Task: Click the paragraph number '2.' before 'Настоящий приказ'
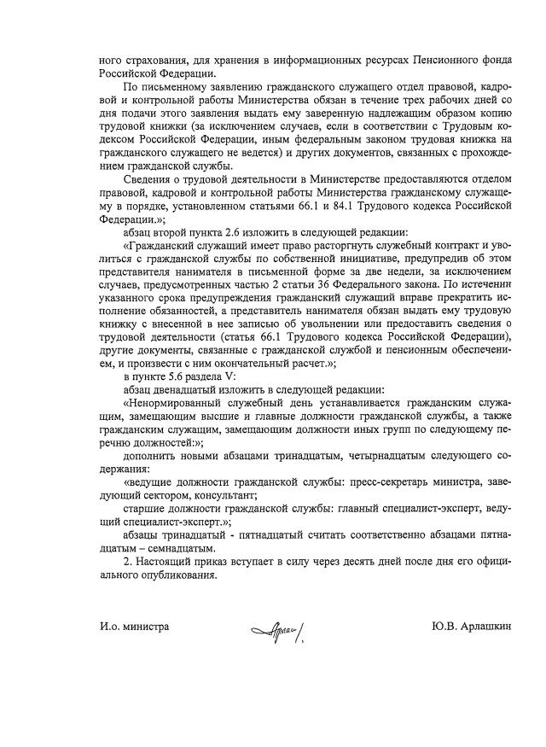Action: coord(128,561)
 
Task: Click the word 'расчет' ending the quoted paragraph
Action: coord(308,360)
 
